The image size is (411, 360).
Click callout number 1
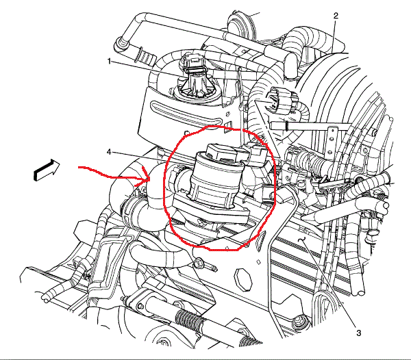[x=110, y=62]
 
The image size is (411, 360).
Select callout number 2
[x=336, y=16]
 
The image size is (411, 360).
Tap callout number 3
[x=358, y=333]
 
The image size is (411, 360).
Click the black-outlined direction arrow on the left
[x=47, y=170]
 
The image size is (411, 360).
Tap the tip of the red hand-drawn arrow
[x=149, y=179]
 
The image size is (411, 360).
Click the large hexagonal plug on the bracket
[x=243, y=279]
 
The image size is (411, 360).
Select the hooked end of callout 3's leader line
[x=303, y=239]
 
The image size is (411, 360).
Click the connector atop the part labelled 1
[x=193, y=64]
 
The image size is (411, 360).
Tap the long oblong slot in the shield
[x=187, y=112]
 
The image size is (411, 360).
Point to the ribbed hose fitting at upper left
[x=145, y=55]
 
